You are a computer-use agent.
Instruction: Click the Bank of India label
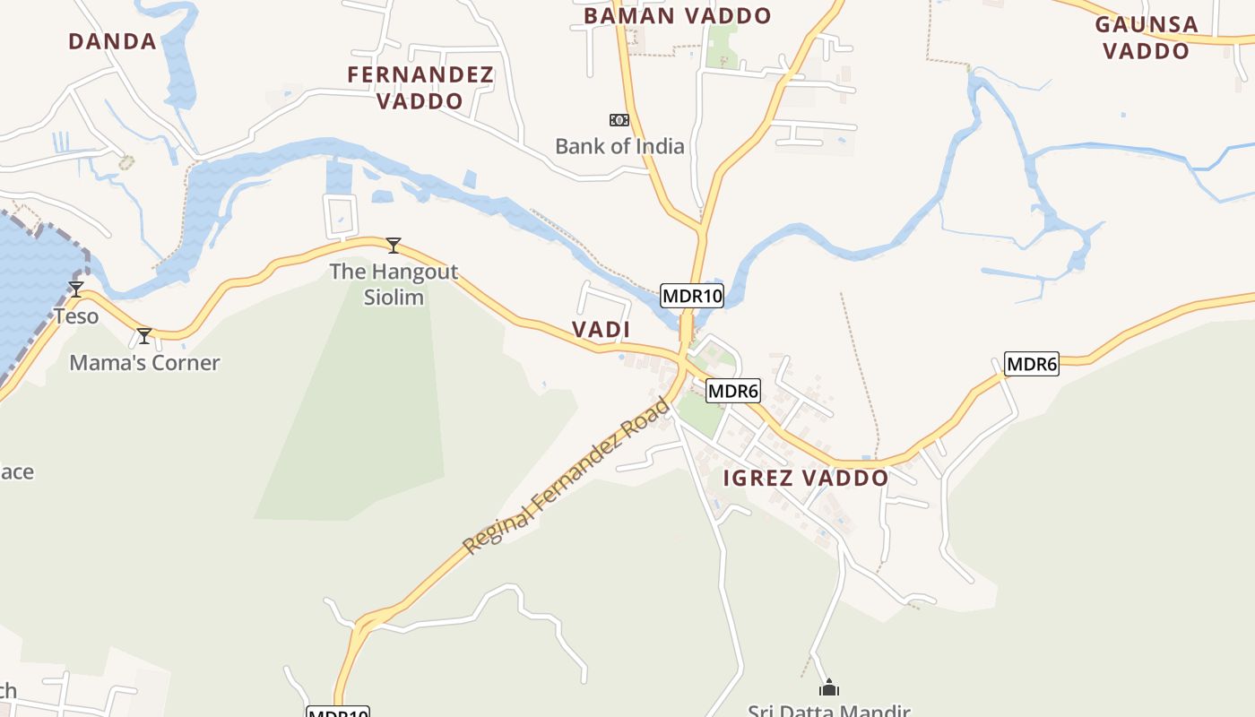pyautogui.click(x=619, y=146)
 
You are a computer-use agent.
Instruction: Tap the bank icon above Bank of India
pyautogui.click(x=619, y=120)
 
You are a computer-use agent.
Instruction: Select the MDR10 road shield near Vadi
pyautogui.click(x=691, y=295)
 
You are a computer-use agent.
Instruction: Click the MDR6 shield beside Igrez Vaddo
pyautogui.click(x=733, y=391)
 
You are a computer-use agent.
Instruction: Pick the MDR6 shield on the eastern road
pyautogui.click(x=1032, y=364)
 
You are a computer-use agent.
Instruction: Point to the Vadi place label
pyautogui.click(x=602, y=330)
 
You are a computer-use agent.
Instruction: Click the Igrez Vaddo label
pyautogui.click(x=805, y=478)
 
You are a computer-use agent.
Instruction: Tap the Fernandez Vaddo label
pyautogui.click(x=420, y=88)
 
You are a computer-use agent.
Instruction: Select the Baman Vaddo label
pyautogui.click(x=678, y=16)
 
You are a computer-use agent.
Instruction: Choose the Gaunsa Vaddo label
pyautogui.click(x=1147, y=38)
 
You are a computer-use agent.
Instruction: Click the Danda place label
pyautogui.click(x=113, y=41)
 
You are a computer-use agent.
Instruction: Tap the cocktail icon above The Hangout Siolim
pyautogui.click(x=393, y=245)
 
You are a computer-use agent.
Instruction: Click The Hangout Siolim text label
pyautogui.click(x=394, y=284)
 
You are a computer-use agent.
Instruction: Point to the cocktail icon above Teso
pyautogui.click(x=76, y=289)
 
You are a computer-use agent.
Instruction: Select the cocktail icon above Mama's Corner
pyautogui.click(x=144, y=336)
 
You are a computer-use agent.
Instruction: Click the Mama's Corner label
pyautogui.click(x=144, y=363)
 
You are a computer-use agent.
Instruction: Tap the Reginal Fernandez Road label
pyautogui.click(x=567, y=476)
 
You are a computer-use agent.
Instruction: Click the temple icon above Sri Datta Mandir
pyautogui.click(x=829, y=687)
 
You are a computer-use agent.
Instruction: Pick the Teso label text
pyautogui.click(x=76, y=316)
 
